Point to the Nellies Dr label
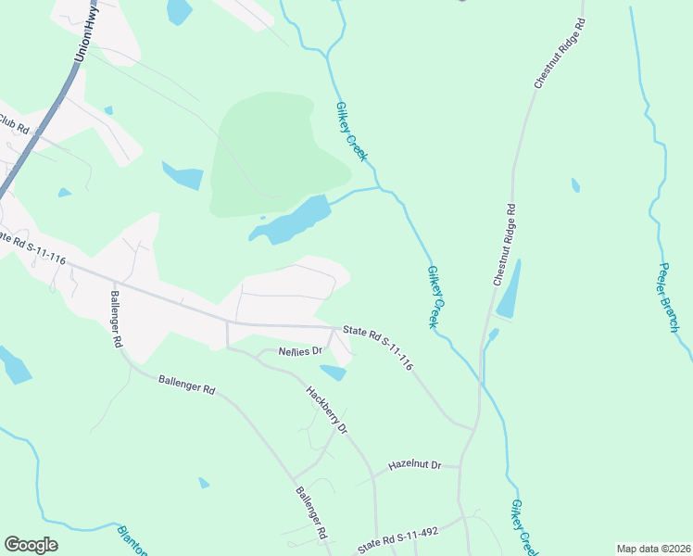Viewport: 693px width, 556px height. (300, 352)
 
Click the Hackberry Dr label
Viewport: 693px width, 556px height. (326, 411)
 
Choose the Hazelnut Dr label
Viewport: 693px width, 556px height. (414, 464)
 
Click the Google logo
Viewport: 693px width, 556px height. (31, 545)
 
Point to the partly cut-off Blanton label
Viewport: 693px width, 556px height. (132, 540)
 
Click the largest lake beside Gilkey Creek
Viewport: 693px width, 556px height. (292, 221)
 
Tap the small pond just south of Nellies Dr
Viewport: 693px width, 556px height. (334, 373)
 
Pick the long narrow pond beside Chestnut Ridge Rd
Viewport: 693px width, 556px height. (509, 290)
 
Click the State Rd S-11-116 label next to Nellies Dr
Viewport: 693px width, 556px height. (377, 347)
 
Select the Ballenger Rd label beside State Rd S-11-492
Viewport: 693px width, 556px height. (312, 514)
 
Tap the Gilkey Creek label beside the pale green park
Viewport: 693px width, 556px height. (351, 132)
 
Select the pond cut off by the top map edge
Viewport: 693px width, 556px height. (179, 10)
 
